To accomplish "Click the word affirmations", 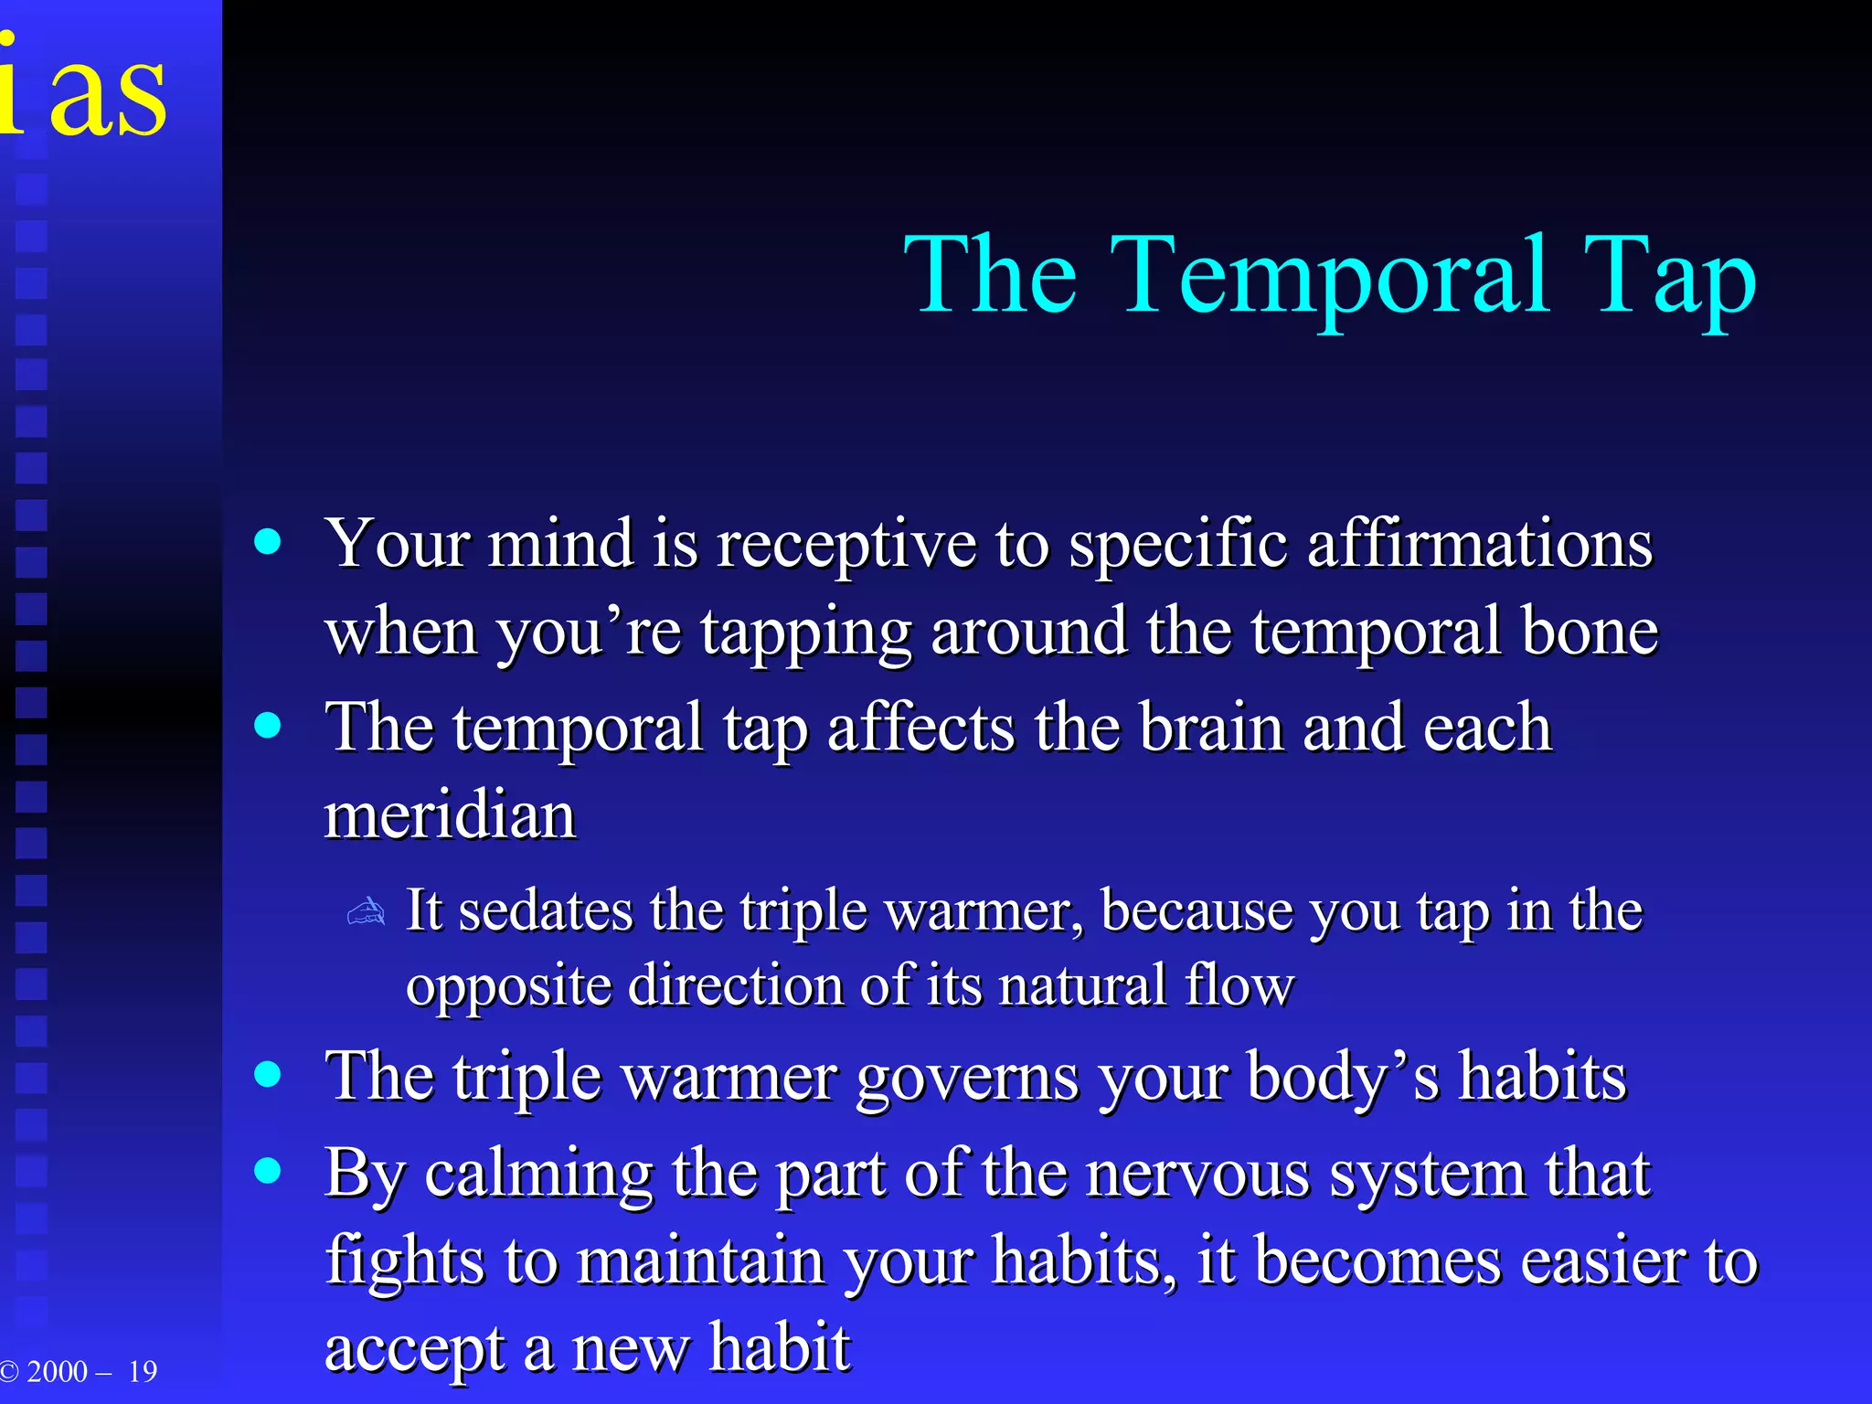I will [1479, 545].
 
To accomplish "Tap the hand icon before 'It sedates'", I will [367, 912].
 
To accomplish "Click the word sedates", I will [545, 911].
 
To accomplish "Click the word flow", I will [1239, 985].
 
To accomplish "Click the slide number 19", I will [143, 1372].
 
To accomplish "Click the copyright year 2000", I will [57, 1372].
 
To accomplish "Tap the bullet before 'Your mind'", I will [268, 543].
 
